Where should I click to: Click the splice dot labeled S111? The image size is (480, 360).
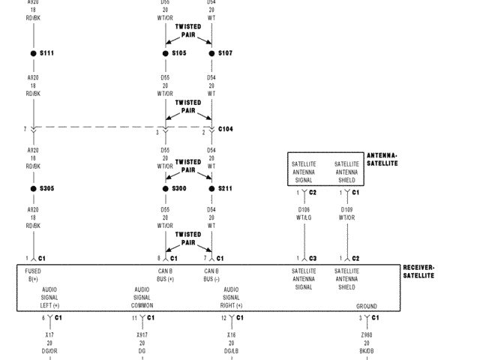coord(34,53)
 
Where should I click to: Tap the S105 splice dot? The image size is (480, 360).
coord(166,53)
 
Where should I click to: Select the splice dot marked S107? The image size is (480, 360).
coord(211,53)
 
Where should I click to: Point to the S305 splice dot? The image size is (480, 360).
coord(34,188)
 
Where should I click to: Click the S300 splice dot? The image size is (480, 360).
coord(166,188)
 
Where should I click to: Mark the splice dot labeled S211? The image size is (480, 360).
coord(211,188)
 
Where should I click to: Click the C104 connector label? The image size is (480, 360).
coord(225,129)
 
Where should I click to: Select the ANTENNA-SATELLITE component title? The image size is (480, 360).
coord(382,160)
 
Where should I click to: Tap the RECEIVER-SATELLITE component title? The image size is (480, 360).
coord(418,271)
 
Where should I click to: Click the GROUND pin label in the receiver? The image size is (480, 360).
coord(367,306)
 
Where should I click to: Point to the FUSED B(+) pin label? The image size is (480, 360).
coord(33,274)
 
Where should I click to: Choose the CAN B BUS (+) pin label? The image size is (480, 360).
coord(166,274)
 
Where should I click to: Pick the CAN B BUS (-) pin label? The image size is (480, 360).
coord(211,274)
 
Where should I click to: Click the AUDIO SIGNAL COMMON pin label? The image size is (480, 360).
coord(142,297)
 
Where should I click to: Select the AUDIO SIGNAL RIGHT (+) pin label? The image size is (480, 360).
coord(231,297)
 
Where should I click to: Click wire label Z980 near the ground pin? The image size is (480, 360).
coord(367,334)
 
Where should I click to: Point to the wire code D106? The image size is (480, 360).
coord(304,210)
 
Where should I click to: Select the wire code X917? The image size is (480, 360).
coord(142,334)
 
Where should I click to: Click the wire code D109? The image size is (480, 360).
coord(346,210)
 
